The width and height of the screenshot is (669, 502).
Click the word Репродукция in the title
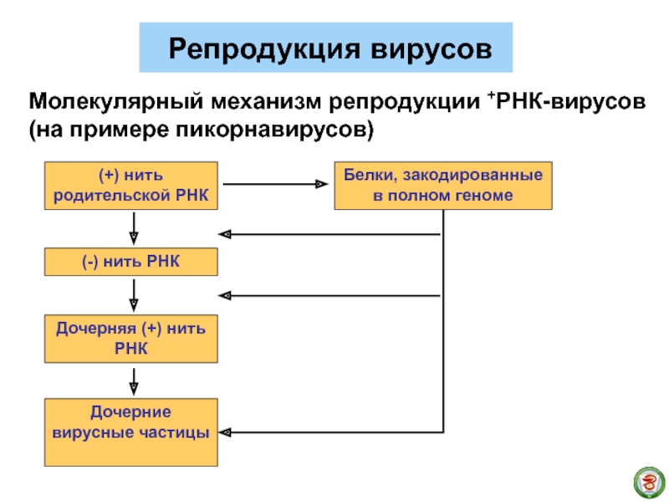click(x=264, y=49)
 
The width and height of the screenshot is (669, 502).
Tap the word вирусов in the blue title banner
click(x=431, y=49)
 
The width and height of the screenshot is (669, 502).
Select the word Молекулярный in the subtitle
click(x=116, y=102)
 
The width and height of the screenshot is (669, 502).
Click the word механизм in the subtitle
click(x=266, y=102)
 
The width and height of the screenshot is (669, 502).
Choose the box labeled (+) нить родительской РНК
click(x=131, y=186)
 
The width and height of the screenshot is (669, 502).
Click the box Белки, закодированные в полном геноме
click(x=443, y=186)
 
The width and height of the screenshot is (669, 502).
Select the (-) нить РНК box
click(x=131, y=262)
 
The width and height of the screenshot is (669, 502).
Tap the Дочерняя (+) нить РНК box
click(x=131, y=339)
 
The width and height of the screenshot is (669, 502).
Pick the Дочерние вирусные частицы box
click(x=131, y=433)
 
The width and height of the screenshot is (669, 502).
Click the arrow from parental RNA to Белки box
click(x=276, y=184)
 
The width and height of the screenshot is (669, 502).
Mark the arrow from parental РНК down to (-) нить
click(x=134, y=228)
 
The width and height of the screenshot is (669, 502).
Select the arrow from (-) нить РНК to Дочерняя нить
click(x=134, y=295)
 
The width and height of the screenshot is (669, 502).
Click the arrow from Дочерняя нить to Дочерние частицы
click(x=134, y=382)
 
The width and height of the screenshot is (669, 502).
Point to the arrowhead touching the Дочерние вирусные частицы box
click(x=225, y=433)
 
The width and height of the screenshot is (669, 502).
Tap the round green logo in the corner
click(x=649, y=483)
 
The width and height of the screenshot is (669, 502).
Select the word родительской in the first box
click(x=112, y=197)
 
